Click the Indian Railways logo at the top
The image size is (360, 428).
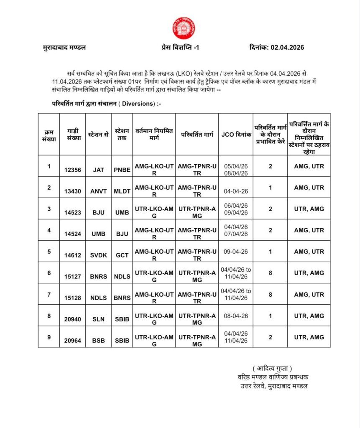(184, 28)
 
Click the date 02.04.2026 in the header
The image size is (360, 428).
(286, 47)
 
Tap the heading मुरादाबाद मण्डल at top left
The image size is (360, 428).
(64, 47)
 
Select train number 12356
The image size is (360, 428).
(73, 170)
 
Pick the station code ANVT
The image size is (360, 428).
(99, 191)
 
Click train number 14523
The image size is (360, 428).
(73, 212)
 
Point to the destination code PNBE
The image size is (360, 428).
(122, 170)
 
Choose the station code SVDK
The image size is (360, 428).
(99, 255)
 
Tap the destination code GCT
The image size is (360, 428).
(122, 255)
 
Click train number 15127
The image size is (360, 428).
(73, 277)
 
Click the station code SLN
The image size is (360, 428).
(99, 319)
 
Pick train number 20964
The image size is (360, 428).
(73, 341)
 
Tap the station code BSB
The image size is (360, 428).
(99, 341)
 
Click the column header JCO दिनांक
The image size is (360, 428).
(236, 135)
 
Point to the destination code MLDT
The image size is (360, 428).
(122, 191)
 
